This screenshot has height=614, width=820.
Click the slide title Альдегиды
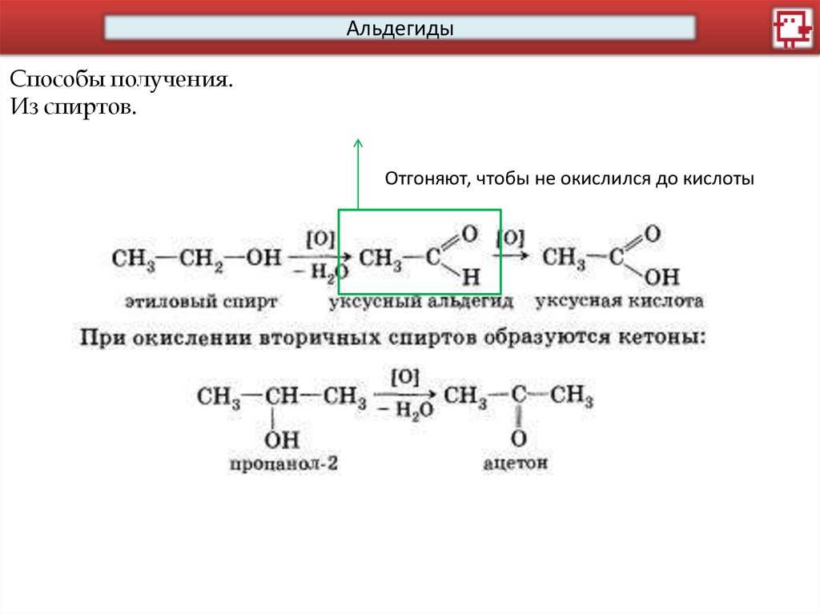pos(400,30)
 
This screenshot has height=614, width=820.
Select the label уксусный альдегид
pos(420,302)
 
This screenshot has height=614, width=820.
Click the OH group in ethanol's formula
pos(263,258)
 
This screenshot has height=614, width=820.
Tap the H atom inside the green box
pos(471,278)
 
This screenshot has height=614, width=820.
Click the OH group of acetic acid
pos(661,278)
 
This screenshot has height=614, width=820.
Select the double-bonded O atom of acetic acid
pos(652,235)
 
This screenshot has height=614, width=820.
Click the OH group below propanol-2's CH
pos(281,439)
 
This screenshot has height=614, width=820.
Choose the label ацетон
pos(517,463)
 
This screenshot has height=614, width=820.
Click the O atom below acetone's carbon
pos(518,439)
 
